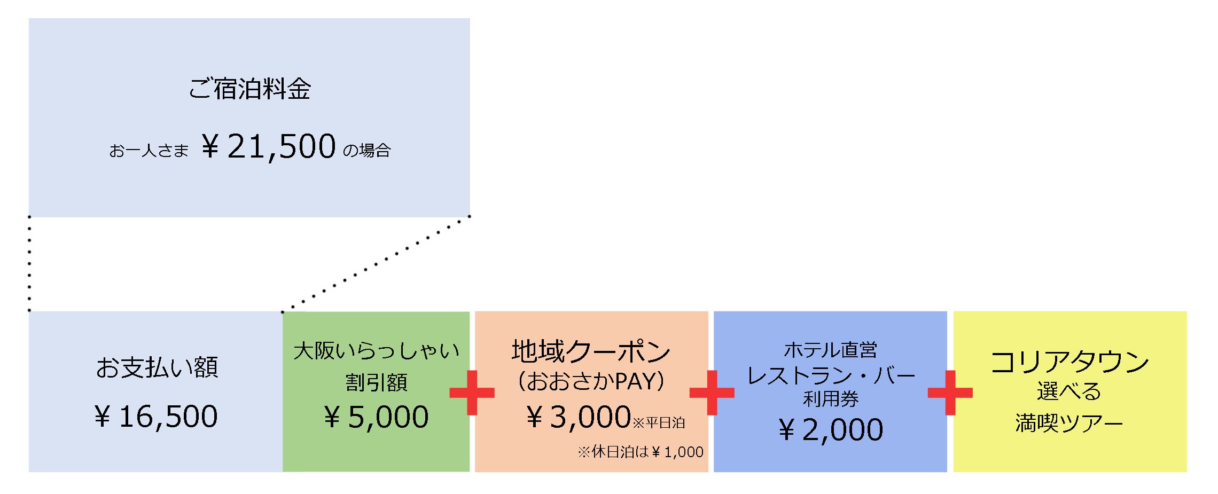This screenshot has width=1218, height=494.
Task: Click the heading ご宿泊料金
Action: pos(249,89)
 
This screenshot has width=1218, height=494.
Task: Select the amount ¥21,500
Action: pos(269,146)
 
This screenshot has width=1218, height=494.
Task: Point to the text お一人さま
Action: pos(149,151)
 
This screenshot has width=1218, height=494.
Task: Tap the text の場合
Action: pos(366,151)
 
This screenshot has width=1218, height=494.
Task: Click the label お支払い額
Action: pos(157,367)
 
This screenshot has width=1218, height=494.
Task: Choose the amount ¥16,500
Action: pos(156,417)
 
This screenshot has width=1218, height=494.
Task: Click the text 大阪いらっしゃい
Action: pos(376,351)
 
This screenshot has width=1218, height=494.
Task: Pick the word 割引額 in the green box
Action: pos(376,382)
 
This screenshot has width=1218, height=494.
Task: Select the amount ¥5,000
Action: pos(376,417)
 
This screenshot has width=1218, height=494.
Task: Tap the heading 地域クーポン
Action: pos(591,351)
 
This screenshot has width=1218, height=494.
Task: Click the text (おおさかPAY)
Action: pos(591,381)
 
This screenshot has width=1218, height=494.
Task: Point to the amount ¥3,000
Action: pos(579,417)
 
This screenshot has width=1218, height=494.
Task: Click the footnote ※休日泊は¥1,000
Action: pos(640,452)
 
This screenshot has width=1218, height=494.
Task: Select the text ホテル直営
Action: pos(830,350)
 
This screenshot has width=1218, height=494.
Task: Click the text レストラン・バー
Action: pos(830,375)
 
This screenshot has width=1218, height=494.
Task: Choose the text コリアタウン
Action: pos(1069,362)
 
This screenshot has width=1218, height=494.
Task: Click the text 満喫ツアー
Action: pos(1069,424)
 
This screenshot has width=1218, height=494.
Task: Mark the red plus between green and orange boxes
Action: pos(472,393)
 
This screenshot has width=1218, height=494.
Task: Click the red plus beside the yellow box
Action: pos(950,393)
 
